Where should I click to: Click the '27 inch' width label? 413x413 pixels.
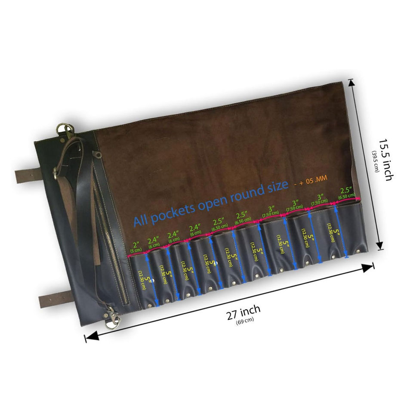[243, 313]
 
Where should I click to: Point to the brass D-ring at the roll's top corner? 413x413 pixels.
[64, 129]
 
